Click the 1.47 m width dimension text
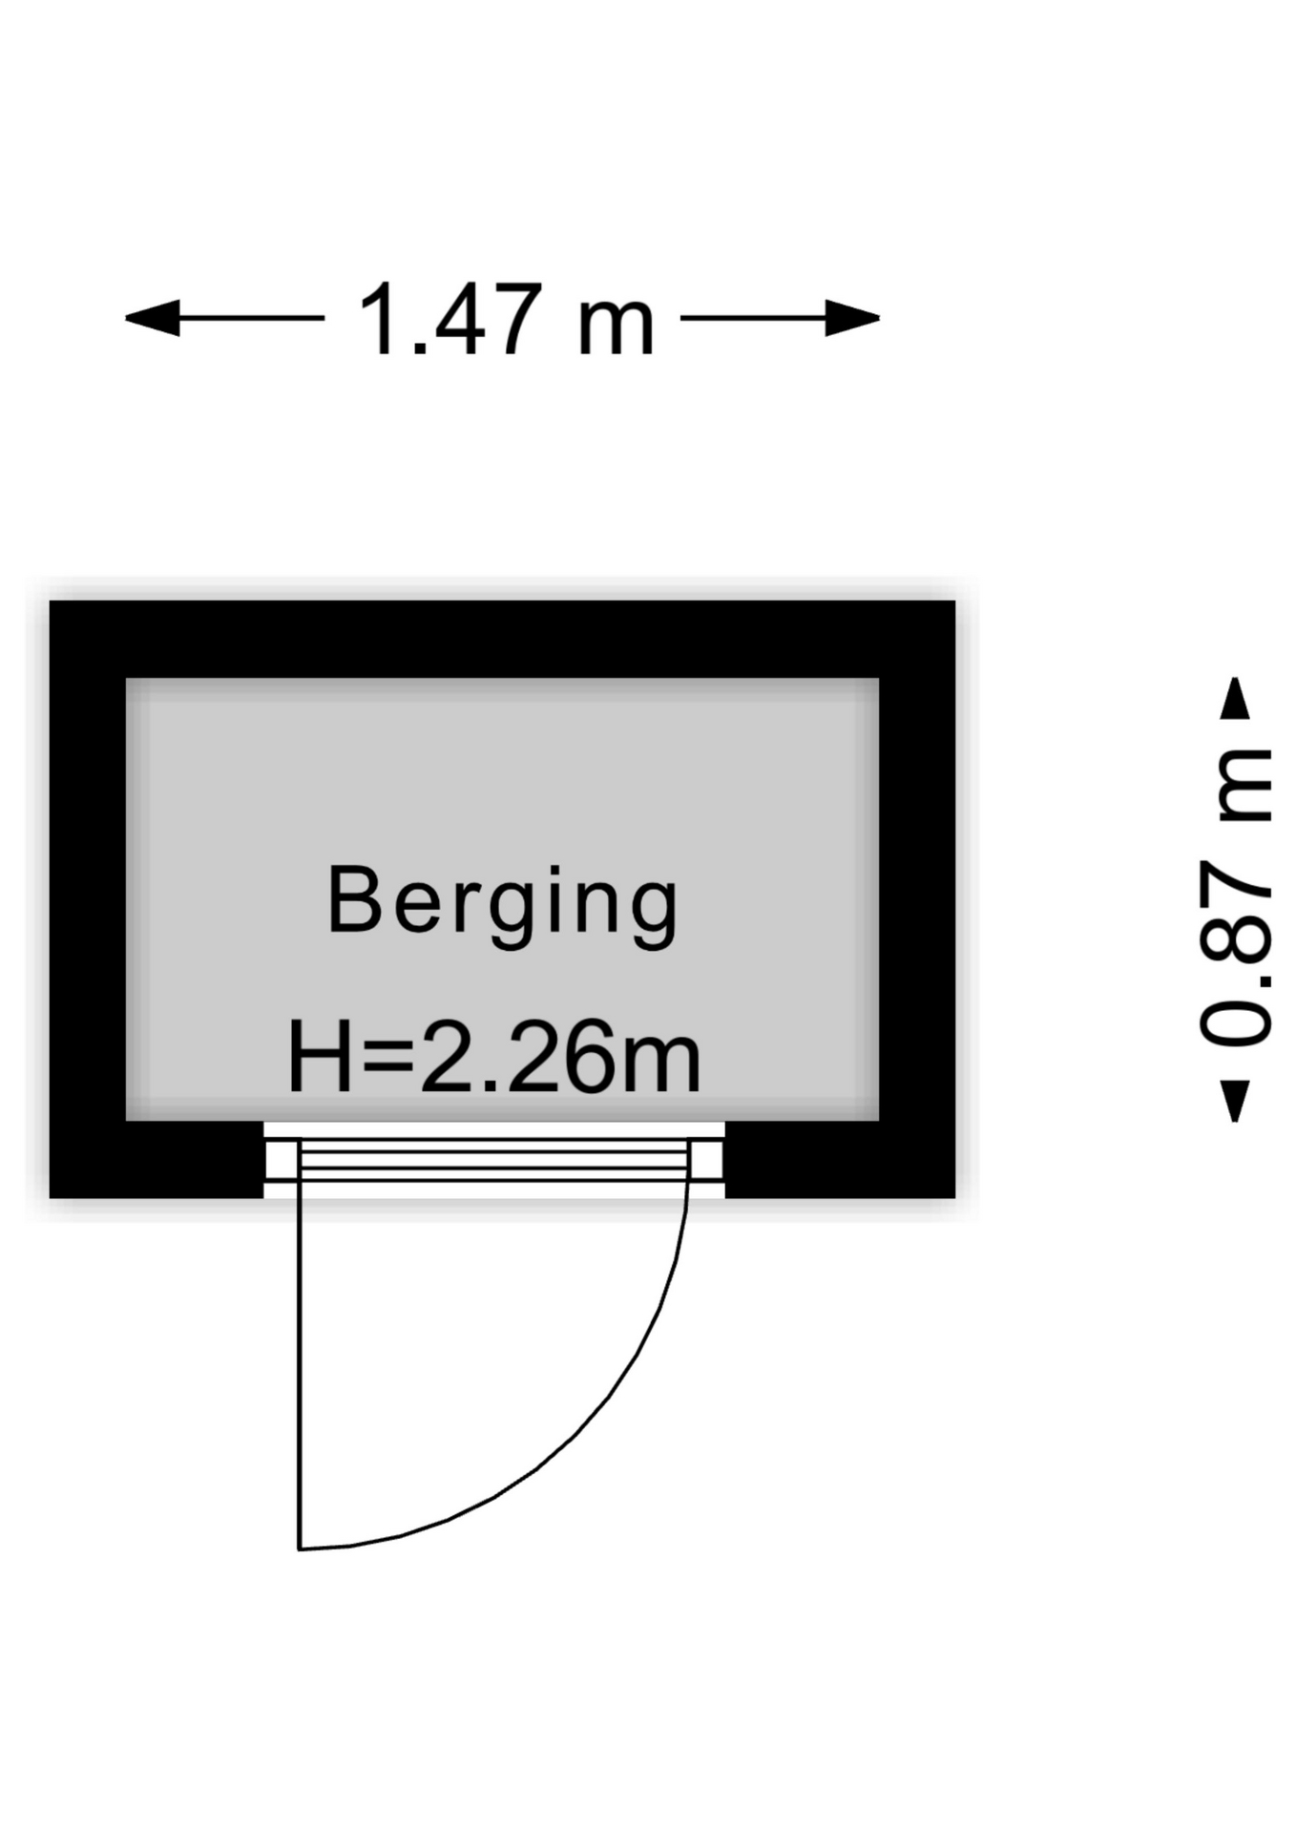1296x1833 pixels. coord(506,319)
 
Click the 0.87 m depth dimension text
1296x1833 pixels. coord(1236,898)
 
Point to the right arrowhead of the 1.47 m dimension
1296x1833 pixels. coord(852,318)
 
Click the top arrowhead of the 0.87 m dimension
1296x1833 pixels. coord(1236,698)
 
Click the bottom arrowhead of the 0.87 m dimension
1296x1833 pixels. coord(1236,1101)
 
